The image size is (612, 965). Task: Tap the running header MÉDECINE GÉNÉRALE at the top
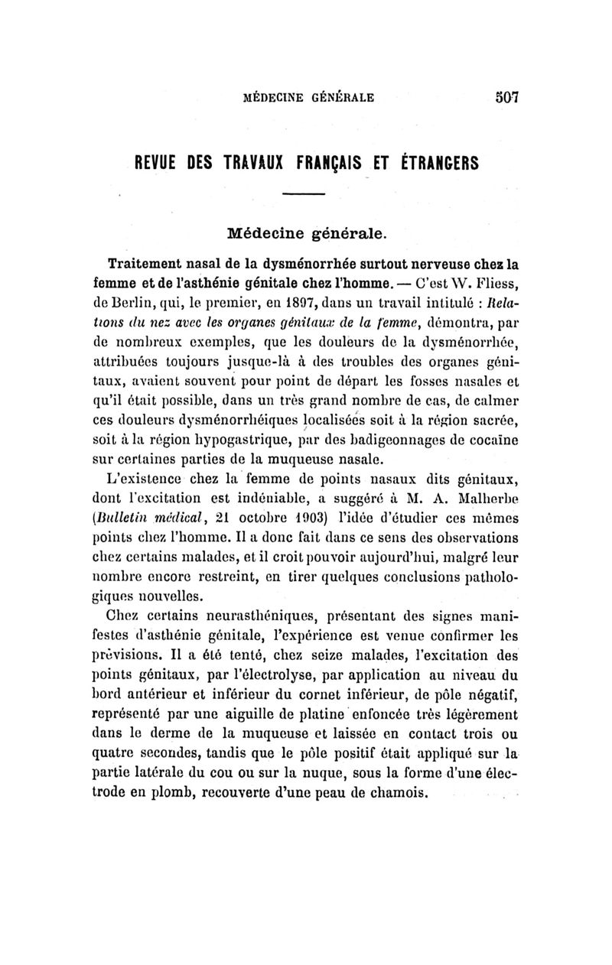[x=308, y=98]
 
